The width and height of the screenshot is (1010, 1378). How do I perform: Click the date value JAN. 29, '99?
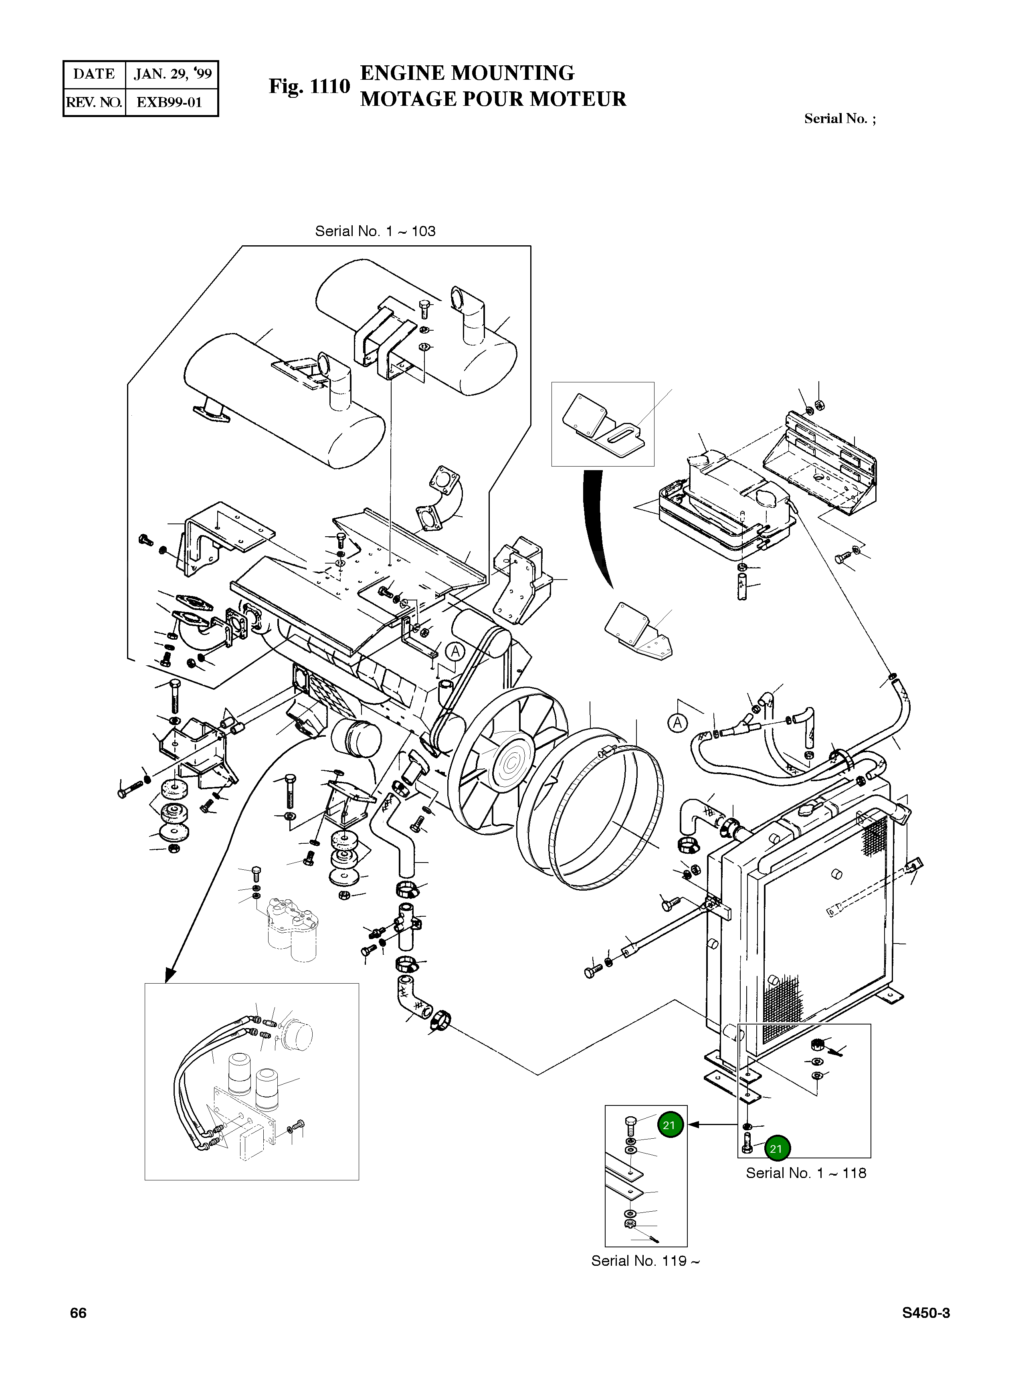[x=172, y=74]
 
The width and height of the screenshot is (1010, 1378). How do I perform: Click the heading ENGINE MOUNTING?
[x=467, y=73]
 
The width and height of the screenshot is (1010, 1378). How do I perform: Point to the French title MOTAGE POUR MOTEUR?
[x=493, y=99]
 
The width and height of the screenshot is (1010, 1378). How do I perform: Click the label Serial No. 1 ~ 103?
[x=375, y=231]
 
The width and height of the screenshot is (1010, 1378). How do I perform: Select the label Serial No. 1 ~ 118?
[x=806, y=1173]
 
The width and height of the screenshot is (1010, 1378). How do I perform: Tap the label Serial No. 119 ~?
[x=645, y=1261]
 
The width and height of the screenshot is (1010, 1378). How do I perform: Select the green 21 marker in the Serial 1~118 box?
[x=776, y=1149]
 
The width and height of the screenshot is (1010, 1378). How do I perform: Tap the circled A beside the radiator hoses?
[x=677, y=723]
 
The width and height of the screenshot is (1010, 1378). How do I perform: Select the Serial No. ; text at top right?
[x=839, y=119]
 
